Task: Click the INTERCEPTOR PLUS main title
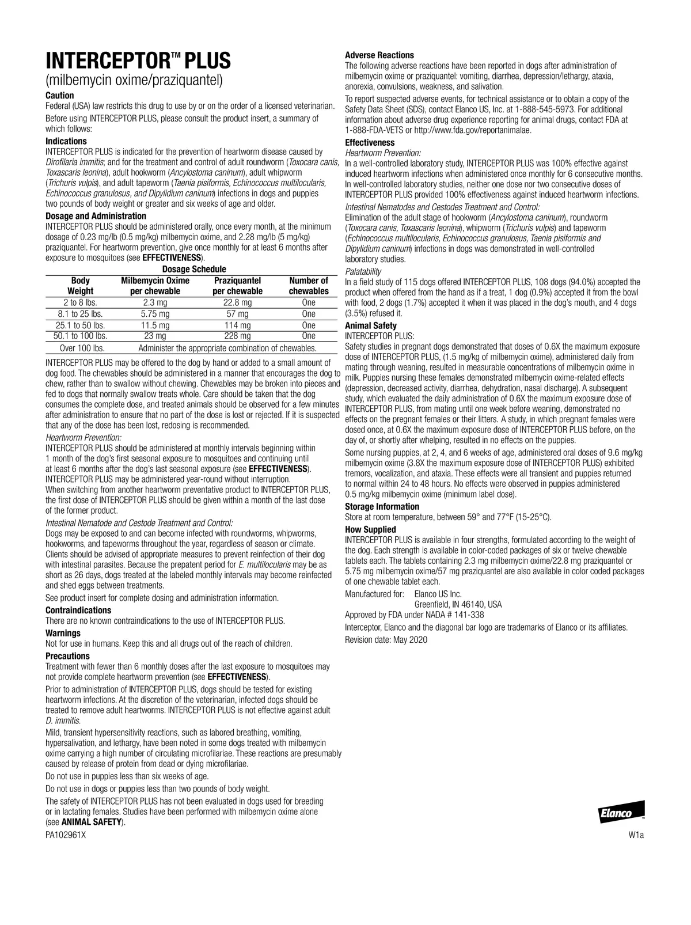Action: pos(138,60)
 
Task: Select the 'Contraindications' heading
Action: pos(78,610)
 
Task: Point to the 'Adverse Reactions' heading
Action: pos(379,55)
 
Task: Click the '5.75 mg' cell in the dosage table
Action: pos(155,314)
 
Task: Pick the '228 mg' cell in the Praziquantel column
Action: pos(237,336)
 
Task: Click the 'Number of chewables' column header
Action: pos(309,286)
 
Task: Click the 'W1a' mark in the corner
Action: pos(636,836)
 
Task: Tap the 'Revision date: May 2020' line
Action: pos(386,640)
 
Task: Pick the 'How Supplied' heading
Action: pos(370,529)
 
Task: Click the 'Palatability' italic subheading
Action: pos(363,271)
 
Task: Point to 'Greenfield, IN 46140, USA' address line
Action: pos(458,604)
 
